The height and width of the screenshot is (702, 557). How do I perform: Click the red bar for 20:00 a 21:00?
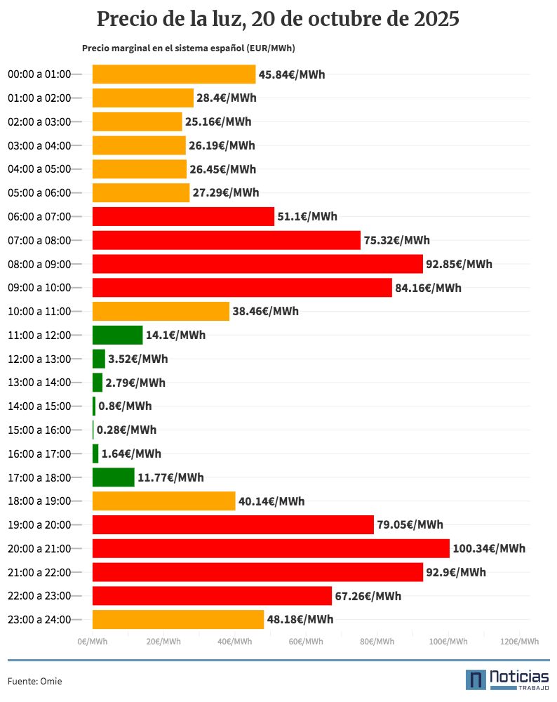coord(271,548)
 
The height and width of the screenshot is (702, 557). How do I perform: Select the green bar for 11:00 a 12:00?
coord(117,335)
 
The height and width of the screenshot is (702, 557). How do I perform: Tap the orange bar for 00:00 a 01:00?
coord(174,74)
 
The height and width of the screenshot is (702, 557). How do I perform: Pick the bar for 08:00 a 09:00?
coord(257,264)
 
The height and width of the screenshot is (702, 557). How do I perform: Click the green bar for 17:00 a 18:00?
coord(113,477)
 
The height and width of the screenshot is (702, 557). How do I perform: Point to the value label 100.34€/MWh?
coord(489,548)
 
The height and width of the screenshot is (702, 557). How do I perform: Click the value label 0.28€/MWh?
coord(126,430)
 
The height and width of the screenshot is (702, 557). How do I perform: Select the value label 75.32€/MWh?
coord(396,240)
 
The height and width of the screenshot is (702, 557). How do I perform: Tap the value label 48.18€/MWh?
coord(300,619)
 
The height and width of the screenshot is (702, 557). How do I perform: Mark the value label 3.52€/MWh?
coord(137,359)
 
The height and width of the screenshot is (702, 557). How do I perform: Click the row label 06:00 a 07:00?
coord(39,216)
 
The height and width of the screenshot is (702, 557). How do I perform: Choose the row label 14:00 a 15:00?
coord(39,406)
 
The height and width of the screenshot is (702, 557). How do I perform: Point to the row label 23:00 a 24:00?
coord(39,619)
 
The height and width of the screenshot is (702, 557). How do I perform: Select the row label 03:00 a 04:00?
coord(39,145)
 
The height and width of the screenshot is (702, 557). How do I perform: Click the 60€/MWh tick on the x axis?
coord(306,642)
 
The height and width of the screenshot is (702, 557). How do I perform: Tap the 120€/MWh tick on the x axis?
coord(520,642)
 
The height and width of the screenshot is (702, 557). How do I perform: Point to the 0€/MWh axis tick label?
coord(93,642)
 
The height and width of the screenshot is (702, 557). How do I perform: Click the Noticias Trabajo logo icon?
coord(476,680)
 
